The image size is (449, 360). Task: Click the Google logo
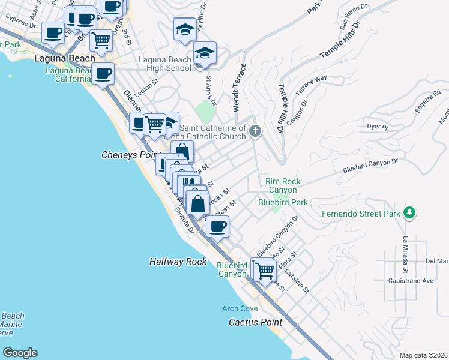click(20, 353)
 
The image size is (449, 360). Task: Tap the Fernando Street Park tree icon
click(409, 213)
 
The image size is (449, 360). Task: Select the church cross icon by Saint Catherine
click(255, 131)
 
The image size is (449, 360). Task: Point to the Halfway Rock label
click(178, 262)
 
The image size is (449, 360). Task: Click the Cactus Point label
click(255, 322)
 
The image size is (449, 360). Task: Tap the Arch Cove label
click(240, 308)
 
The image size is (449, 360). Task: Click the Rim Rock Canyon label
click(282, 185)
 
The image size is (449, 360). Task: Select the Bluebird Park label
click(283, 202)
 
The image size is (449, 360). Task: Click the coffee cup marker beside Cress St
click(217, 227)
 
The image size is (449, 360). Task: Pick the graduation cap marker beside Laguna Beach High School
click(205, 53)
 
